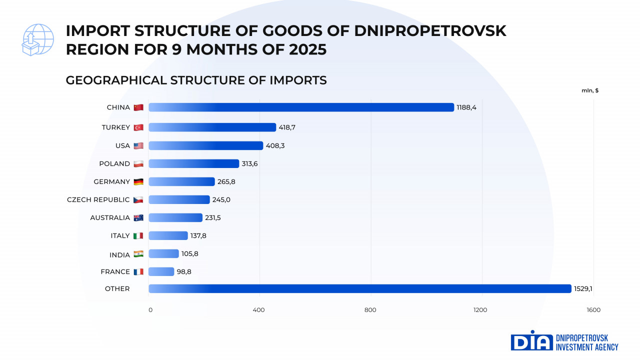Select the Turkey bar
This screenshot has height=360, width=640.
pyautogui.click(x=212, y=127)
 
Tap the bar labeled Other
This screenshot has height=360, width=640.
pyautogui.click(x=359, y=288)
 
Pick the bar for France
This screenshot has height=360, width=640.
pyautogui.click(x=161, y=271)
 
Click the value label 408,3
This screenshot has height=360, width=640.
pyautogui.click(x=275, y=145)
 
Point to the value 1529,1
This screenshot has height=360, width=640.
pyautogui.click(x=583, y=288)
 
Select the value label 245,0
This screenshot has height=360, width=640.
pyautogui.click(x=221, y=199)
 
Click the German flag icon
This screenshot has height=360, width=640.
pyautogui.click(x=138, y=181)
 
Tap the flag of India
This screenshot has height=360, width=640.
pyautogui.click(x=138, y=254)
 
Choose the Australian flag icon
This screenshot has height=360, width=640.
pyautogui.click(x=138, y=217)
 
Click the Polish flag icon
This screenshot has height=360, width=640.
pyautogui.click(x=138, y=163)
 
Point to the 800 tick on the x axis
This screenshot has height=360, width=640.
pyautogui.click(x=370, y=310)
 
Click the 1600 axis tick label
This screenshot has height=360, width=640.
pyautogui.click(x=593, y=310)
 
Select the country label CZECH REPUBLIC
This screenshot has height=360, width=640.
pyautogui.click(x=98, y=199)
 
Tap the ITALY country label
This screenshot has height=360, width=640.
pyautogui.click(x=120, y=235)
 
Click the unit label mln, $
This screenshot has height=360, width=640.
pyautogui.click(x=590, y=90)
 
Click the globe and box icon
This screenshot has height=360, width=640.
pyautogui.click(x=38, y=39)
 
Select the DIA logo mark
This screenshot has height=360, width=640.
pyautogui.click(x=531, y=341)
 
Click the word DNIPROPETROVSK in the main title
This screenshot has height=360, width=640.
pyautogui.click(x=430, y=31)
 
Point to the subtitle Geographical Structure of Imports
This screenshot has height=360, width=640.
pyautogui.click(x=196, y=80)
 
